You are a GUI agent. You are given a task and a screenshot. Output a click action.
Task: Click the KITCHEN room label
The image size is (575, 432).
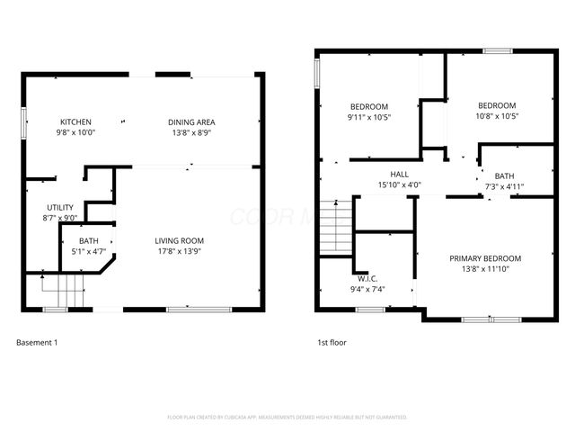pyautogui.click(x=75, y=122)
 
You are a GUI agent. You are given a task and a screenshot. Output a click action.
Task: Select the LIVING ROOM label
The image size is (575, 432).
pyautogui.click(x=179, y=240)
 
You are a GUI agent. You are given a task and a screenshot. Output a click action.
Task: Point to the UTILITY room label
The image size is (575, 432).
pyautogui.click(x=60, y=208)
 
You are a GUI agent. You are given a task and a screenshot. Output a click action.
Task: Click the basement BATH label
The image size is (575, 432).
pyautogui.click(x=88, y=240)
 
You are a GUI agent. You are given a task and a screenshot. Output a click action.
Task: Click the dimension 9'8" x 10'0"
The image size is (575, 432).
pyautogui.click(x=75, y=132)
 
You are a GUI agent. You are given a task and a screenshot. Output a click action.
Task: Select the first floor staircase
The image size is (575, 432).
pyautogui.click(x=334, y=228)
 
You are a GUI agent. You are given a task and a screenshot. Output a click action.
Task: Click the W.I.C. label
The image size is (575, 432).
pyautogui.click(x=369, y=279)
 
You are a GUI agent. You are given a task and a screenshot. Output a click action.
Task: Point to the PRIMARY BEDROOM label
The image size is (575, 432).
pyautogui.click(x=485, y=258)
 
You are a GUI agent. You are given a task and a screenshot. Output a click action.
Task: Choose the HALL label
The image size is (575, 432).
pyautogui.click(x=399, y=175)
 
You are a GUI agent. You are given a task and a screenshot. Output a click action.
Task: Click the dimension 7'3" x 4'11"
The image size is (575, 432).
pyautogui.click(x=504, y=186)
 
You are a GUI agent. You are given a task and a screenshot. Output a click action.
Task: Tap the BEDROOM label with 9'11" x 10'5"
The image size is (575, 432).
pyautogui.click(x=368, y=105)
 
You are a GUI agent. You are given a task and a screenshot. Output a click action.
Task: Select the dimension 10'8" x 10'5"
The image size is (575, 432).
pyautogui.click(x=497, y=115)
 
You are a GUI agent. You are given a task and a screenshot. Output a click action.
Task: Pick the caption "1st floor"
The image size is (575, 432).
pyautogui.click(x=332, y=342)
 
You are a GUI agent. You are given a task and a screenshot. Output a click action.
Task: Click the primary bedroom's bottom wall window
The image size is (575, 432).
pyautogui.click(x=491, y=319)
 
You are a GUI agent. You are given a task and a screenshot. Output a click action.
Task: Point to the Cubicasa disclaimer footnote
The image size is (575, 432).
pyautogui.click(x=287, y=417)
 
